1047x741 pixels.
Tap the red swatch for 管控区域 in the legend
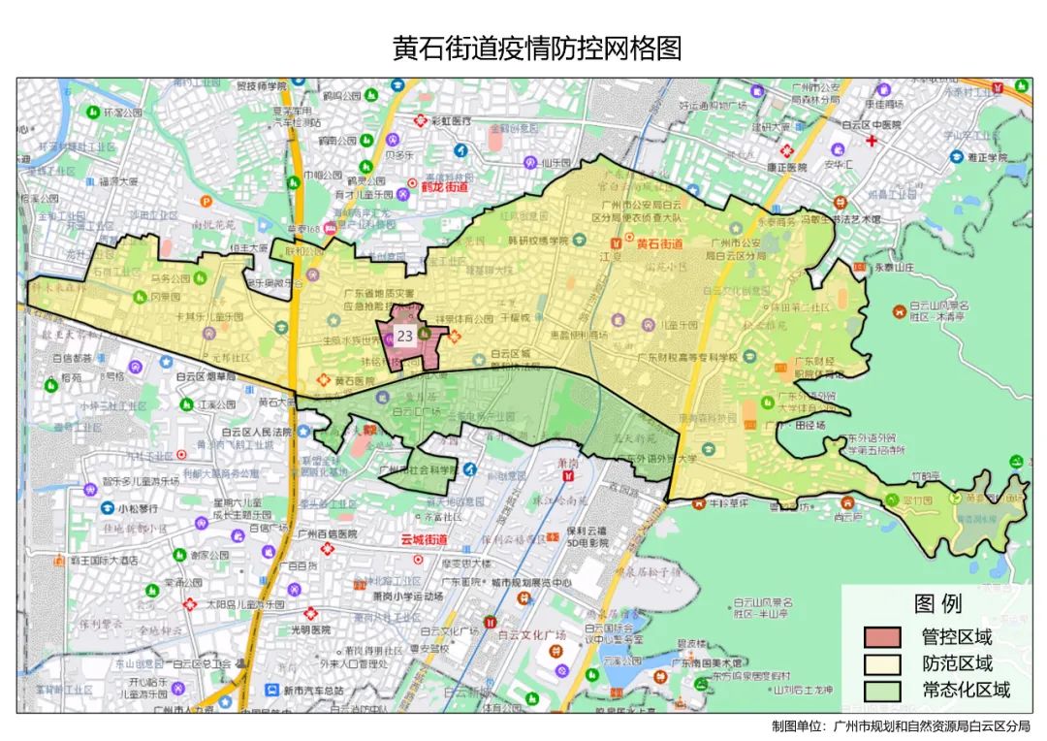click(x=882, y=637)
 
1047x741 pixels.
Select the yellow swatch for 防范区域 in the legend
click(x=882, y=663)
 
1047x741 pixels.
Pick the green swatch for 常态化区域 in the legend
click(x=882, y=691)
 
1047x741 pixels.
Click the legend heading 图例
click(x=937, y=604)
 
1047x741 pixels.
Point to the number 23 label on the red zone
click(x=405, y=336)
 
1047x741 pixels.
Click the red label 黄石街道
click(x=660, y=243)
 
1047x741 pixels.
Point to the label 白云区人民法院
click(x=257, y=432)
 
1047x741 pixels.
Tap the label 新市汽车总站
click(x=300, y=690)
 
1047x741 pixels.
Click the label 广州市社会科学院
click(x=418, y=470)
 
